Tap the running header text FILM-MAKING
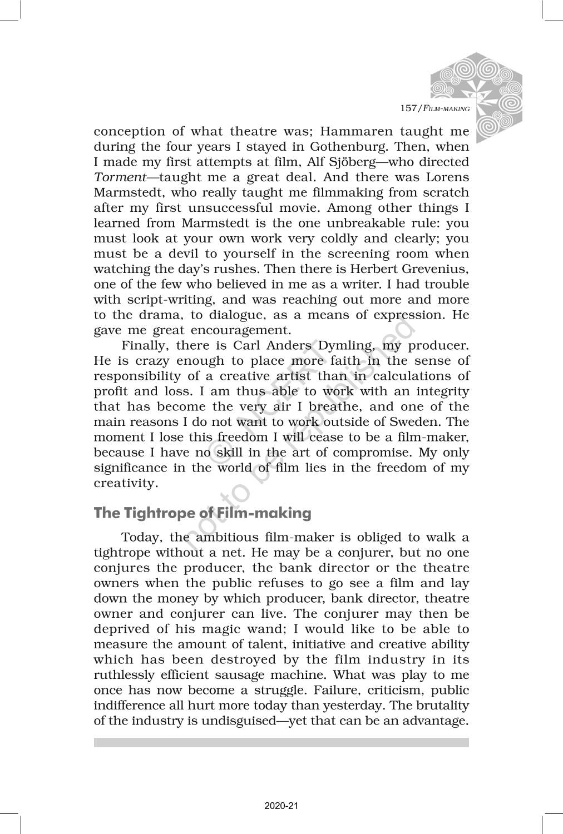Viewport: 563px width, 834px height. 446,108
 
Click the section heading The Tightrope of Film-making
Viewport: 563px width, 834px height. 203,513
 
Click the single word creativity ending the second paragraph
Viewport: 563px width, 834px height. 126,483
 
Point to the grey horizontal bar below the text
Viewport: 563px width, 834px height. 281,743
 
